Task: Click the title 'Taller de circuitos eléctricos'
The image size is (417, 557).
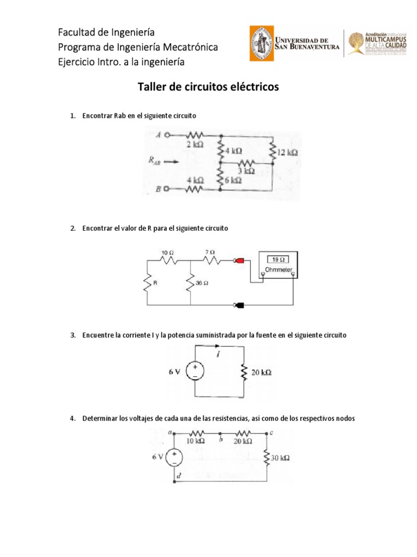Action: click(x=208, y=86)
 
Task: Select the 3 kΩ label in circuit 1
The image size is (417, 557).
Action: click(x=245, y=170)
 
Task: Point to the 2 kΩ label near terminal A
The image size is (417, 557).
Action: click(x=194, y=145)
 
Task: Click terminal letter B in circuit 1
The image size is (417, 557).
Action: click(x=157, y=189)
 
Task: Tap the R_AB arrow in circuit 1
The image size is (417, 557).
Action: click(x=170, y=160)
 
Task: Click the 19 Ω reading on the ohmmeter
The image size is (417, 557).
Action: click(x=277, y=260)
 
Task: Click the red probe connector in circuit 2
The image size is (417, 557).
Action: click(x=238, y=261)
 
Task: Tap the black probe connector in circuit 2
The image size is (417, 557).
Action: click(x=238, y=305)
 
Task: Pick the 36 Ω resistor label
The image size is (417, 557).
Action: click(x=203, y=283)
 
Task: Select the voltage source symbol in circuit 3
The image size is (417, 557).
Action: click(x=194, y=372)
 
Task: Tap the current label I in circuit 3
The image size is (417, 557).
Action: click(x=218, y=355)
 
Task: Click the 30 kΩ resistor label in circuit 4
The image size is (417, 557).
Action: click(x=281, y=458)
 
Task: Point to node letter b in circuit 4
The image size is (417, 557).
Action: click(x=220, y=436)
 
